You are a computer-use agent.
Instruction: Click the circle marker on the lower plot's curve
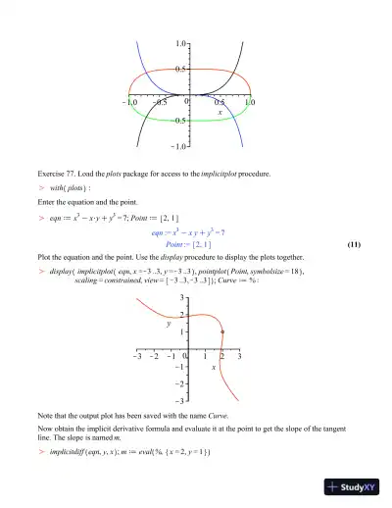tap(222, 332)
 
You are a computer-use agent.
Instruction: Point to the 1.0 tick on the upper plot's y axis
tap(182, 45)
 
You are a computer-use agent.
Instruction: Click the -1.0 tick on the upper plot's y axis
tap(179, 146)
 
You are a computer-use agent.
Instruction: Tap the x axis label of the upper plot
tap(220, 113)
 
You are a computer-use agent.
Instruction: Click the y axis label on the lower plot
tap(168, 321)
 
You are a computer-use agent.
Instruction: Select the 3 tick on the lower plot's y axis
tap(181, 296)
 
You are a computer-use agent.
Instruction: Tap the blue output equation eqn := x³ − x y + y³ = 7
tap(190, 231)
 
